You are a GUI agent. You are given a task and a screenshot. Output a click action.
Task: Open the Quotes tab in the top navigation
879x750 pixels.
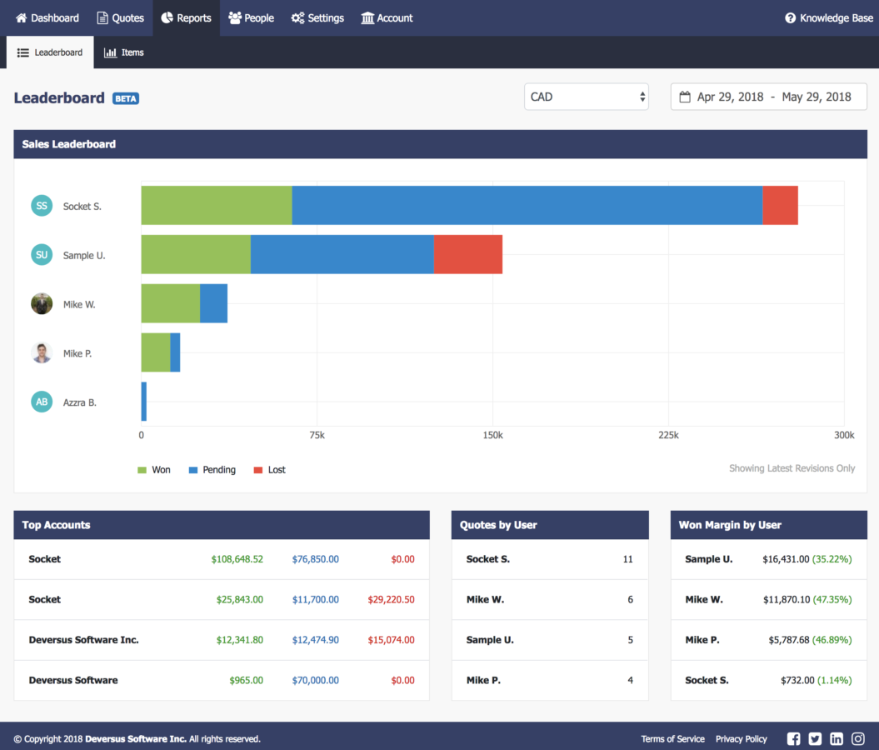click(120, 17)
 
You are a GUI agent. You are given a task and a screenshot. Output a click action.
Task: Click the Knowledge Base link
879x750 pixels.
click(829, 17)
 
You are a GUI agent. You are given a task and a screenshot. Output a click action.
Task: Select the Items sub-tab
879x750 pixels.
click(124, 52)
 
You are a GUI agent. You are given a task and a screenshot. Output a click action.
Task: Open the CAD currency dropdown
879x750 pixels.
click(587, 97)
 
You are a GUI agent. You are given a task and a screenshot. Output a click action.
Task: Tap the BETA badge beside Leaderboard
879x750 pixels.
click(126, 98)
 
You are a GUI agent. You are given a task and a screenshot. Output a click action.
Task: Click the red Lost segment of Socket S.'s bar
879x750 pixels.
click(780, 205)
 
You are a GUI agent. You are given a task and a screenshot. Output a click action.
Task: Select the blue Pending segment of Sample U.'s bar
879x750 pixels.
click(342, 254)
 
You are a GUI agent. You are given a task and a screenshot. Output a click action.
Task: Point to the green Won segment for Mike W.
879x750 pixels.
click(170, 303)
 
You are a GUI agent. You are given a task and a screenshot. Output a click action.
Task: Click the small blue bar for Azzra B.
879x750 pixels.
click(143, 402)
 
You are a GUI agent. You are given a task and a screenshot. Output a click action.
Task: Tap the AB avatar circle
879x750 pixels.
click(42, 402)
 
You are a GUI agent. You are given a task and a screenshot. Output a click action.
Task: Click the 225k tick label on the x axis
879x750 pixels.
click(668, 435)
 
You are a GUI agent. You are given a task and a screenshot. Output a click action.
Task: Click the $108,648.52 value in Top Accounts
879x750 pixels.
click(237, 559)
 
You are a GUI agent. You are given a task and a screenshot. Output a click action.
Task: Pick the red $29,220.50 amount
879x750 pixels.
click(391, 600)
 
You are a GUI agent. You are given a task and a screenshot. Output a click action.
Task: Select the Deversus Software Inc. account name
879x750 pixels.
click(83, 640)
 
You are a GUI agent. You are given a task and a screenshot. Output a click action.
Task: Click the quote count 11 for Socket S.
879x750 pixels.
click(627, 559)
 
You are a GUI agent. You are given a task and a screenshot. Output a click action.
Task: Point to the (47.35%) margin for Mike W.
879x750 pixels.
click(832, 600)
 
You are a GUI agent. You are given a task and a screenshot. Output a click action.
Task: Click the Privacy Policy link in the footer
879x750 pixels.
click(741, 739)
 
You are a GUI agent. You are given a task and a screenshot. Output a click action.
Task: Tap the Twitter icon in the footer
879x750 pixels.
click(815, 739)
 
